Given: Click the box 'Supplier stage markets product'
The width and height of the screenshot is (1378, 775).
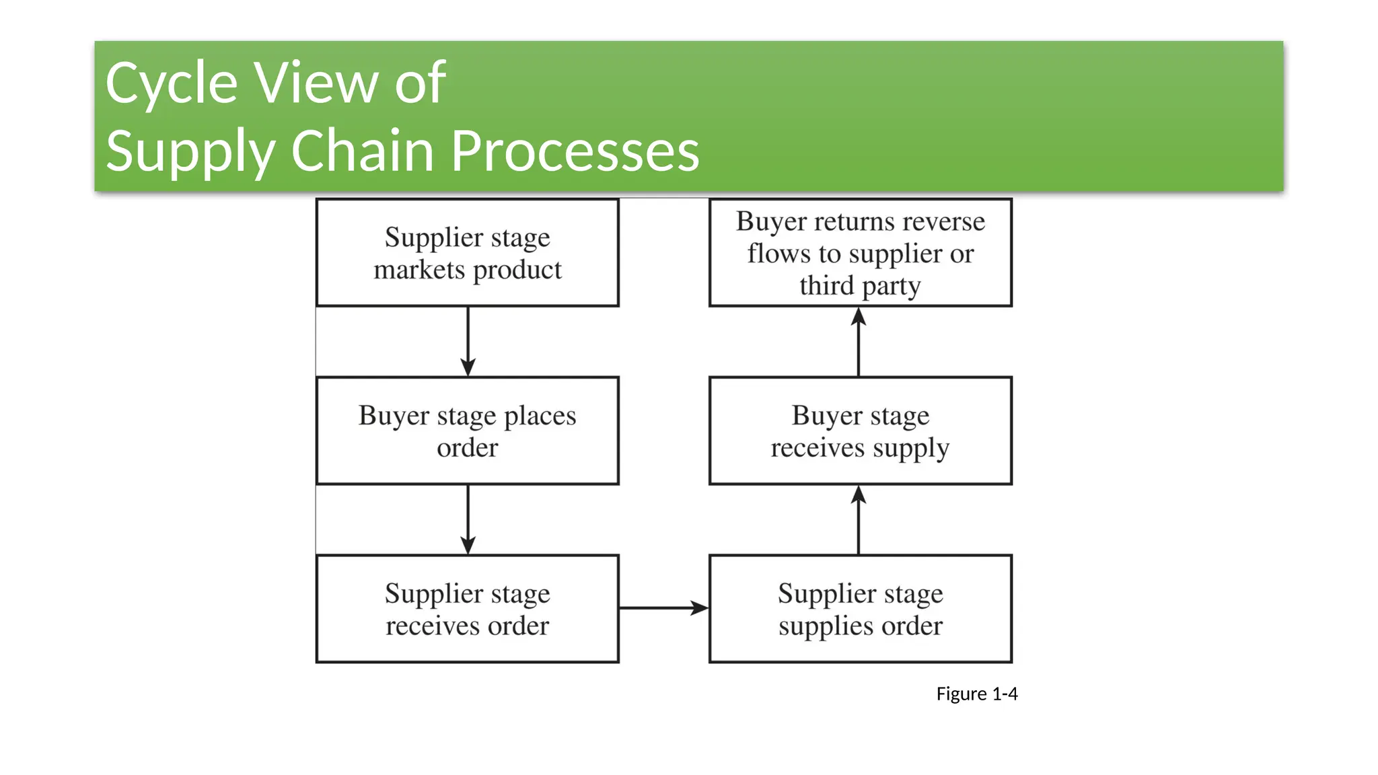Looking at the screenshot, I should (467, 252).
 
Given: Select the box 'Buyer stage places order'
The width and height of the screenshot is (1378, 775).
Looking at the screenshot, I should (467, 431).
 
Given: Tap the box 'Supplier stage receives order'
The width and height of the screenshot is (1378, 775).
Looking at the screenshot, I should (467, 609).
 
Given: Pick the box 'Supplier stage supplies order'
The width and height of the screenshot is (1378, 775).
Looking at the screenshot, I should (860, 609).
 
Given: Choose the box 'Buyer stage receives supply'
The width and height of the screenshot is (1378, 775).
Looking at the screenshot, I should (860, 431).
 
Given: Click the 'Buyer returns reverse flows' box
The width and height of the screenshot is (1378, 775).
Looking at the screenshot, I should (860, 252).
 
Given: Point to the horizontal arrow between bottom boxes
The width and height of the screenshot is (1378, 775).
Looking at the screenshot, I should (663, 608).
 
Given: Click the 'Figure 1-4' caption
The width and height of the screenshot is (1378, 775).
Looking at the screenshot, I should (976, 694).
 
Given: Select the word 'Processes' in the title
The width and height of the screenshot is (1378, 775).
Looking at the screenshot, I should (575, 151).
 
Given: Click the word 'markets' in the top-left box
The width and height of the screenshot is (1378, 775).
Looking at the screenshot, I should (419, 270).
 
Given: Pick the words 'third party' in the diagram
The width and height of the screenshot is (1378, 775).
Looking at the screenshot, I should (860, 286).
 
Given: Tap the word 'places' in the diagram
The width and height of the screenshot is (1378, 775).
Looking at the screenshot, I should (540, 416).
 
